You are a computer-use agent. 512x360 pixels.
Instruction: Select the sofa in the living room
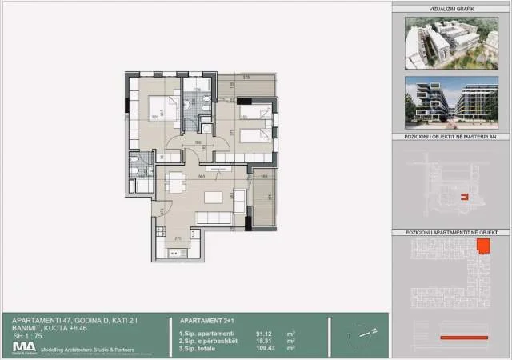[x=214, y=218]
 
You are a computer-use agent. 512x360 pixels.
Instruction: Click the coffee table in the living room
[x=214, y=196]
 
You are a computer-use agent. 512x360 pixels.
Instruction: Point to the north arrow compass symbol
[x=360, y=332]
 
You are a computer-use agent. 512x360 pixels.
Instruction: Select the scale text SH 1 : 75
[x=27, y=335]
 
